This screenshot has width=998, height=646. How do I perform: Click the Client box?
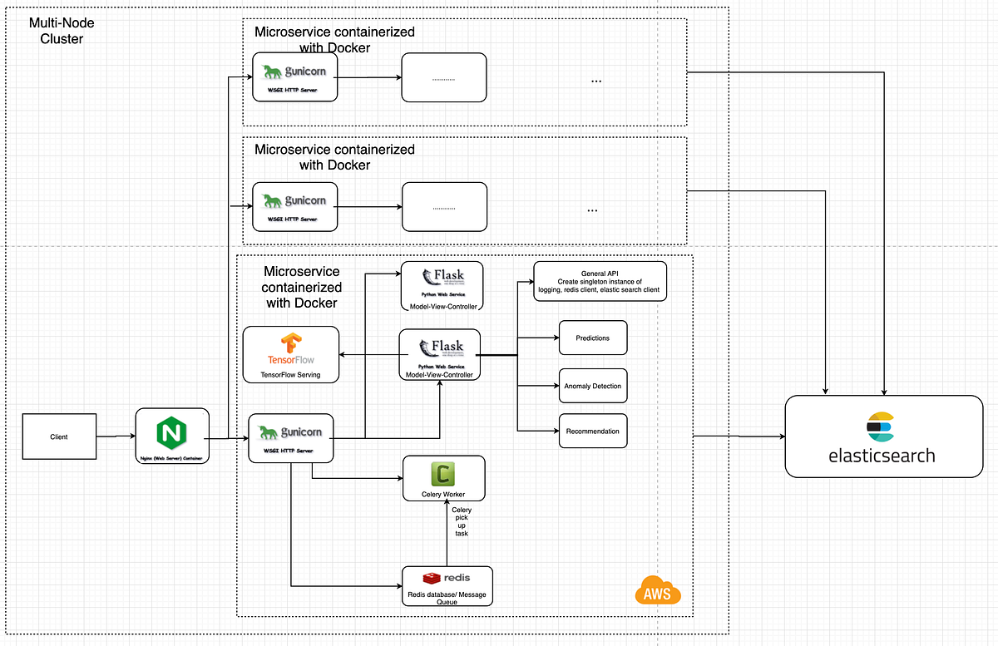tap(59, 436)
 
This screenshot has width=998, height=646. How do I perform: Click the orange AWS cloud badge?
tap(658, 592)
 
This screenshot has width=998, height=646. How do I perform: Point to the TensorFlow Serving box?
tap(290, 354)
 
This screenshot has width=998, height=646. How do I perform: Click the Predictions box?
tap(592, 338)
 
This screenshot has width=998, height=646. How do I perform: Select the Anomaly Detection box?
tap(592, 386)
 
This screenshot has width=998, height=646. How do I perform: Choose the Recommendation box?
tap(592, 431)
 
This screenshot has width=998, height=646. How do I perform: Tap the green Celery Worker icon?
tap(444, 475)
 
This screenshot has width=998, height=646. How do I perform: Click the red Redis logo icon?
tap(432, 578)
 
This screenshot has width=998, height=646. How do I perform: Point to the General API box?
tap(600, 281)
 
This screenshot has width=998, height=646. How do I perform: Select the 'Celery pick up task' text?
tap(461, 521)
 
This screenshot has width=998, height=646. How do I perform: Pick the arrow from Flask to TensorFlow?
tap(369, 355)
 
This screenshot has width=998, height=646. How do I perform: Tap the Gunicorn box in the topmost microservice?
tap(294, 77)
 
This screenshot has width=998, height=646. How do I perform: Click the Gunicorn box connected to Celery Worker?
tap(291, 438)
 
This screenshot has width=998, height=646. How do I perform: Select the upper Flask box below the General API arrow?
tap(442, 286)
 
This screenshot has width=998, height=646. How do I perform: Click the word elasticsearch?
tap(882, 456)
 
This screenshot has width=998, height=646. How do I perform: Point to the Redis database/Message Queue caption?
tap(447, 597)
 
